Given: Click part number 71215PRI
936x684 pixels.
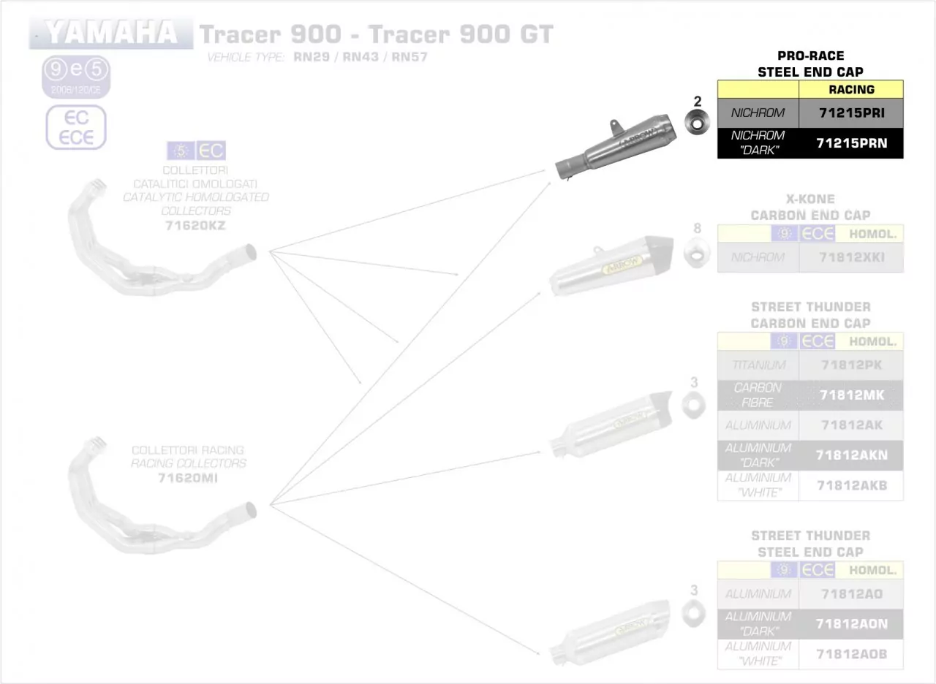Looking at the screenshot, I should coord(852,113).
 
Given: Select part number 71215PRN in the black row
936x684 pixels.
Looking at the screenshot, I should coord(852,143).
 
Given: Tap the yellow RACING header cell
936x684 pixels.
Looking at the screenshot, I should coord(852,89).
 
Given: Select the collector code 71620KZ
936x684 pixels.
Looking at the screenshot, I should coord(195,226).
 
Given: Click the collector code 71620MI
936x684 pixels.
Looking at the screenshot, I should coord(188,479).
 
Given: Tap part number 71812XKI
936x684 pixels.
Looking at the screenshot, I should coord(852,257).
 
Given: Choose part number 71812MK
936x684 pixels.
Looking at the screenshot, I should coord(852,395).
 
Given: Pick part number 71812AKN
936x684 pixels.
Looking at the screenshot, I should coord(852,455).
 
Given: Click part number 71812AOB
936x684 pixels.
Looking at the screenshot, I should coord(852,654).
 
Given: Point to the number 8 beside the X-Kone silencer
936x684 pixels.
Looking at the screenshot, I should coord(697,229).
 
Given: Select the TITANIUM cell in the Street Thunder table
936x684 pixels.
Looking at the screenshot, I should coord(759,365).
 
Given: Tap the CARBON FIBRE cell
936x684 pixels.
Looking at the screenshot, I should coord(758,395).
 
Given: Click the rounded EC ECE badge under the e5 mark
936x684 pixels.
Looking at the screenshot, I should coord(76,127).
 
